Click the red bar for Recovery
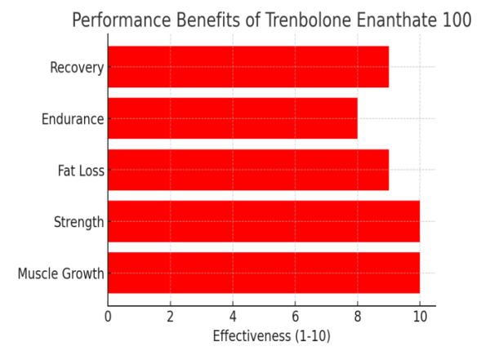pos(248,67)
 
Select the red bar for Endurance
pos(233,118)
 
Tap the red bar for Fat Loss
pos(248,170)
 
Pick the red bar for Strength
pos(264,221)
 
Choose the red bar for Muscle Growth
pos(264,273)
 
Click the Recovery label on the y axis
pos(77,67)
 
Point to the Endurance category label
pos(73,119)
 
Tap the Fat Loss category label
pos(81,171)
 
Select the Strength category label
pos(78,222)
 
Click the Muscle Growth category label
pos(60,273)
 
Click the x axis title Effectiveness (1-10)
pos(271,336)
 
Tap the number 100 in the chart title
pos(456,20)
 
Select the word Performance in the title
pos(120,20)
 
